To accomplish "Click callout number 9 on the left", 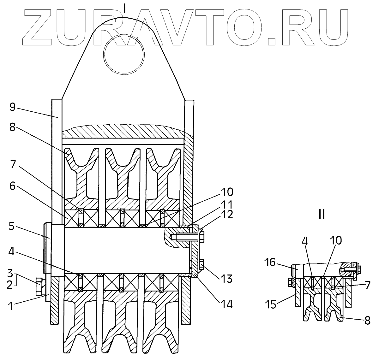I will [x=12, y=107].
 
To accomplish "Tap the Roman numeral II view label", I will [x=321, y=215].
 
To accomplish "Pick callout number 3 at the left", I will [x=10, y=273].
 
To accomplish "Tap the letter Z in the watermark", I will [x=41, y=28].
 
